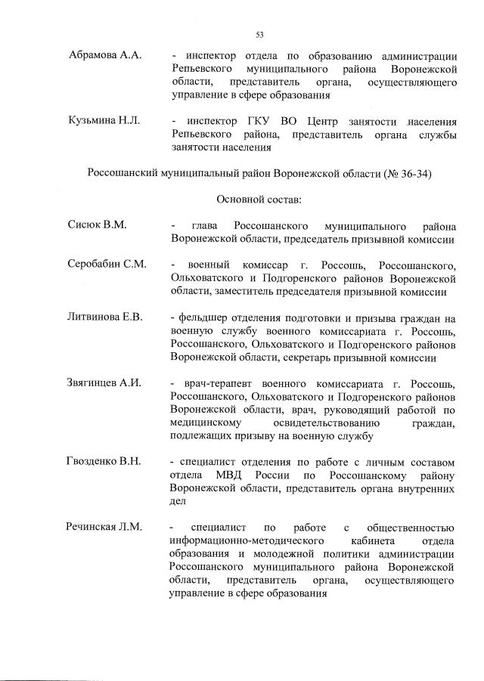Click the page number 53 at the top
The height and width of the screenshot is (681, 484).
tap(259, 35)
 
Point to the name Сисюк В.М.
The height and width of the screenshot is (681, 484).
tap(97, 226)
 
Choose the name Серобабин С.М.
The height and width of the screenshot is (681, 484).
tap(107, 265)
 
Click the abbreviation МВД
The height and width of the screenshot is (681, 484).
tap(231, 475)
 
